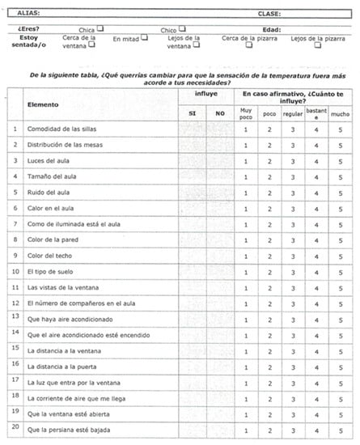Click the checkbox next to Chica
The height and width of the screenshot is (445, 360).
(101, 28)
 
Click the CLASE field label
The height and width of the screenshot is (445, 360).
(269, 14)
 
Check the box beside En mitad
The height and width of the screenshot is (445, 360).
(144, 37)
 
